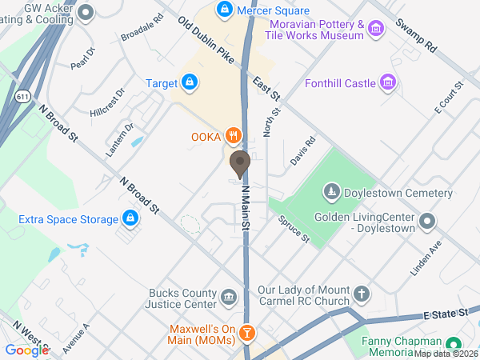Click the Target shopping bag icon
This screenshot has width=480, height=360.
point(189,82)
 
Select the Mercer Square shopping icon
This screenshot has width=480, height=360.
point(226,10)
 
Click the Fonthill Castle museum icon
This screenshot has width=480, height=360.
point(388,82)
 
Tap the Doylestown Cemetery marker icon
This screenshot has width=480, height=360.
point(331,192)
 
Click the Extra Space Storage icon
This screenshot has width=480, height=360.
point(130,218)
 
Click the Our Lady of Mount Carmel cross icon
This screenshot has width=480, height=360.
point(362,295)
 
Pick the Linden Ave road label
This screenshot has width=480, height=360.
point(426,258)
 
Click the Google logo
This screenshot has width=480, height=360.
point(26,350)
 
